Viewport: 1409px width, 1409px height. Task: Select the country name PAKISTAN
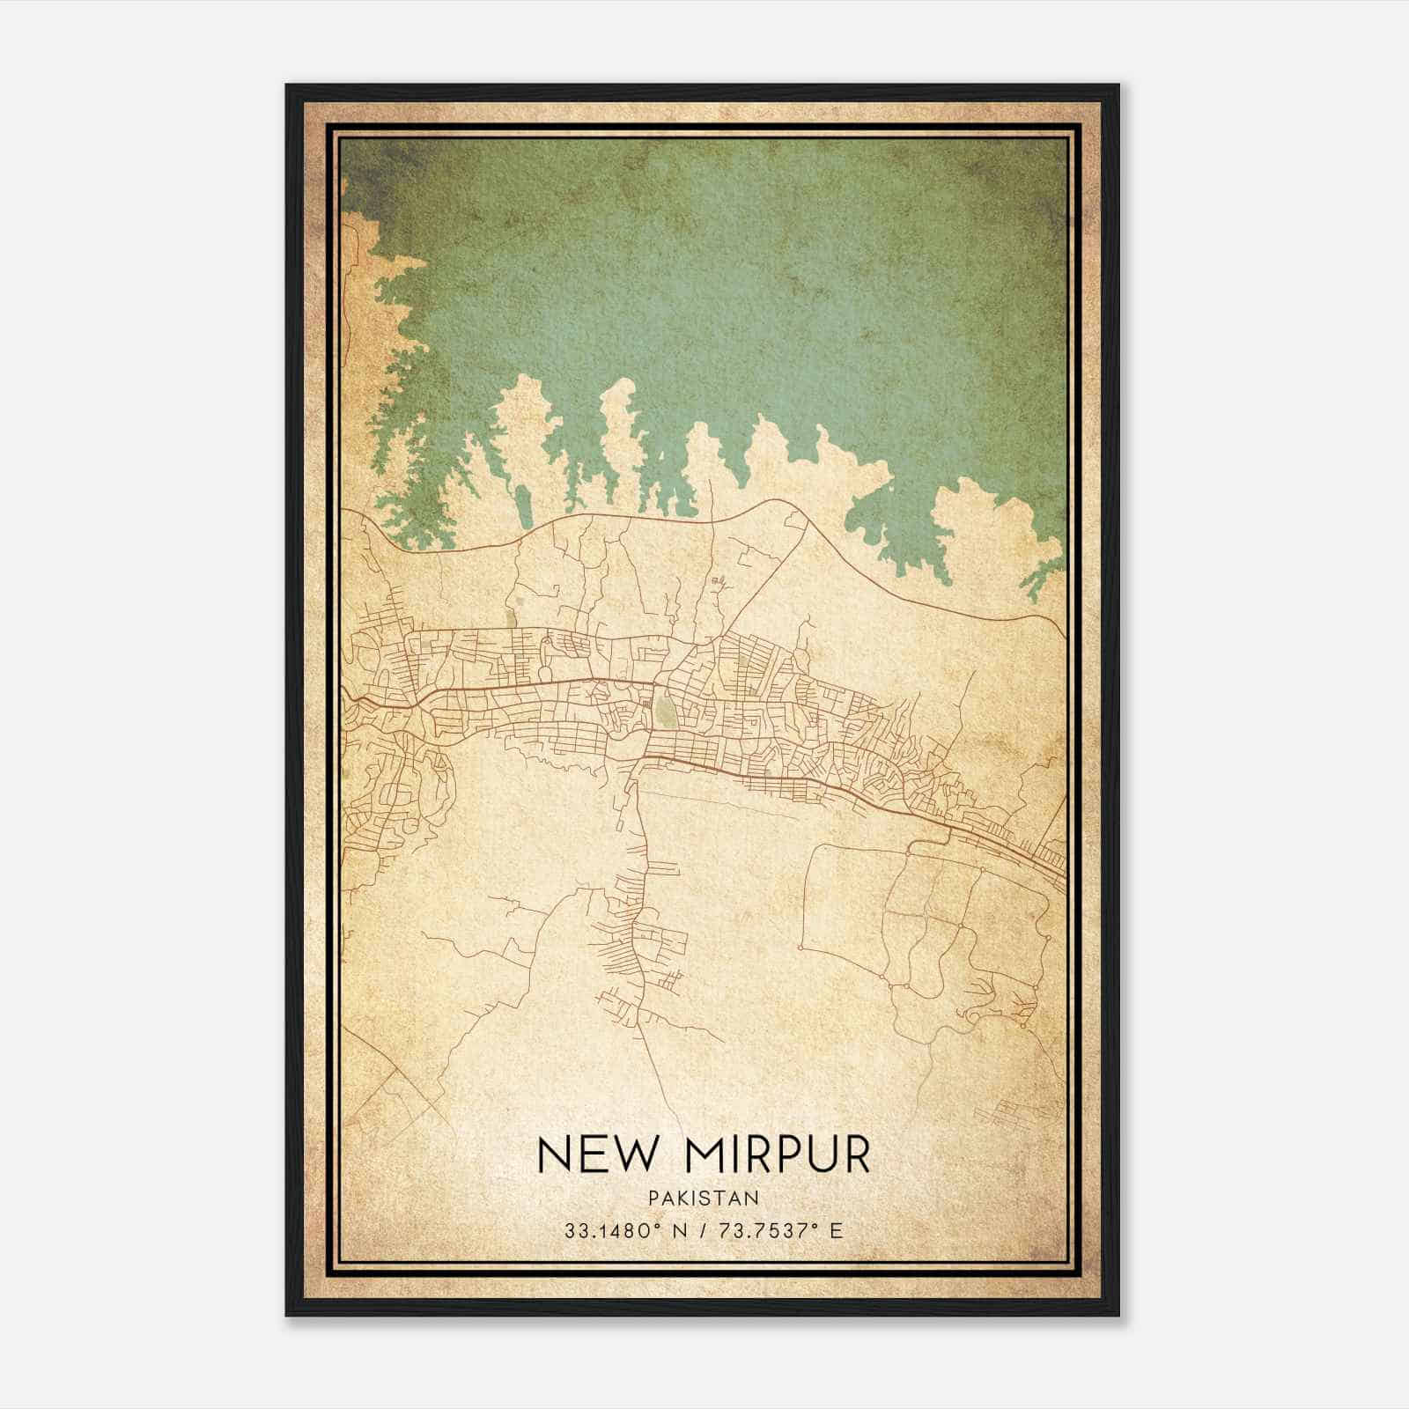pos(704,1198)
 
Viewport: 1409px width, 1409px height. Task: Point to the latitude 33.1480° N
pos(627,1230)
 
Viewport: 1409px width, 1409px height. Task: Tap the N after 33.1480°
pos(678,1230)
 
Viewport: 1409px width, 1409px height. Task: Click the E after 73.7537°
pos(837,1230)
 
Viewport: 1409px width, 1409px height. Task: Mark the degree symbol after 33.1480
pos(658,1226)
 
